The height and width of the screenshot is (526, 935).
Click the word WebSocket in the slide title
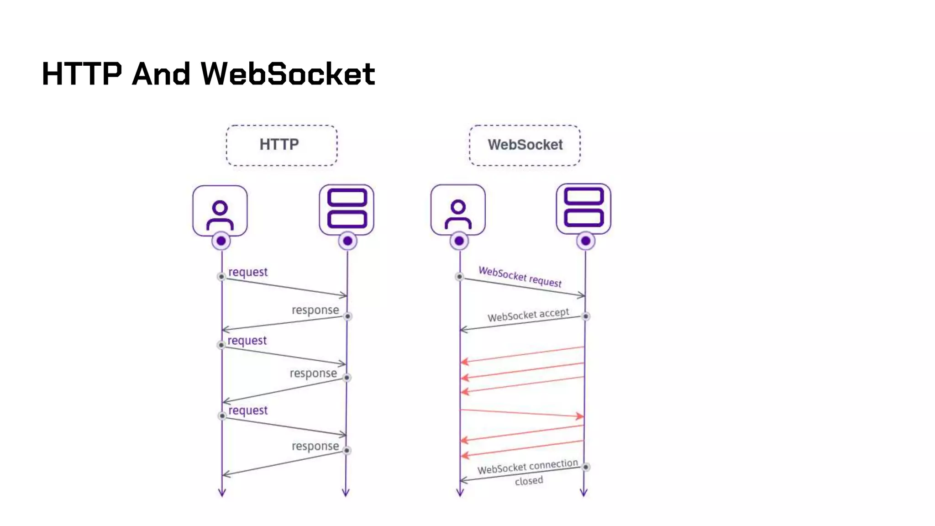288,74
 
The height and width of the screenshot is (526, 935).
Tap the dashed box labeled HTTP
281,145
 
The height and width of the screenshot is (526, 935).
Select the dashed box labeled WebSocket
525,145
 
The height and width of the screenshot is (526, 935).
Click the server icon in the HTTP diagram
347,210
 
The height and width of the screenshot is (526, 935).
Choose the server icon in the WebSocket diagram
583,209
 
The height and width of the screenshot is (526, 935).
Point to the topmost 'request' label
248,272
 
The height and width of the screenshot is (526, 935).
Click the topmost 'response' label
315,310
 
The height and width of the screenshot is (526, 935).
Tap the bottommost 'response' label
315,446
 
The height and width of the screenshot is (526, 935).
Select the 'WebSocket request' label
520,277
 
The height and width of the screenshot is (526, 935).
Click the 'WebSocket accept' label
528,315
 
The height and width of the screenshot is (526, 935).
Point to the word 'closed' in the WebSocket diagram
529,481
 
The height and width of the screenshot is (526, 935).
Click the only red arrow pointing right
522,413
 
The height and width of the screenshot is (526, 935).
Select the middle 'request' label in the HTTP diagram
247,341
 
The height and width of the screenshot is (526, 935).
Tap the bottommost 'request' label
248,410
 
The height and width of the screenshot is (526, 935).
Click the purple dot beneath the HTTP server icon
347,241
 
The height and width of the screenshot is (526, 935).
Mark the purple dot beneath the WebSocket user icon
459,241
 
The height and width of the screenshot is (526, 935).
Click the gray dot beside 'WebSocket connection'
586,467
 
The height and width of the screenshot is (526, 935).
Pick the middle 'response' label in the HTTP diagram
313,373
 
